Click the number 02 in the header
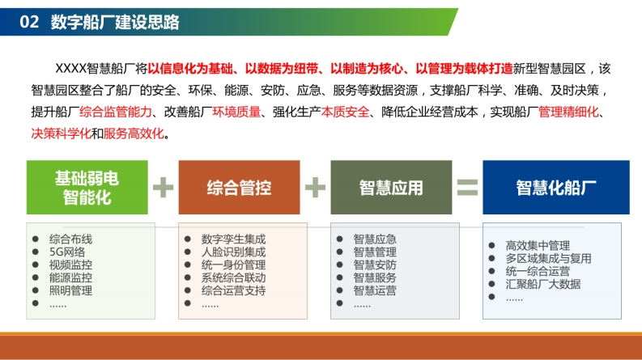coord(29,22)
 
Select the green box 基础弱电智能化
coord(87,188)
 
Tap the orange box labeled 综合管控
coord(239,188)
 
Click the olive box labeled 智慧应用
coord(391,188)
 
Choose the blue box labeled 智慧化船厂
coord(556,188)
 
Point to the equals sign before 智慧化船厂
coord(467,188)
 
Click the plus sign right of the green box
coord(163,188)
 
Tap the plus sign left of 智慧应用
coord(315,188)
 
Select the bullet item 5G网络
coord(67,252)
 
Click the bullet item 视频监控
coord(70,265)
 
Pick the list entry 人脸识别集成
coord(233,252)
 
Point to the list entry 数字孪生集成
coord(233,239)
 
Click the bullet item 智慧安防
coord(375,265)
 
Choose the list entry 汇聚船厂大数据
coord(543,284)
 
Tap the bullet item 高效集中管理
coord(538,245)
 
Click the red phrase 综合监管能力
coord(116,112)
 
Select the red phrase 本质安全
coord(345,112)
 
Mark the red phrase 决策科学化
coord(61,133)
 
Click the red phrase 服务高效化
coord(134,133)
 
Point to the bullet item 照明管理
coord(70,290)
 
